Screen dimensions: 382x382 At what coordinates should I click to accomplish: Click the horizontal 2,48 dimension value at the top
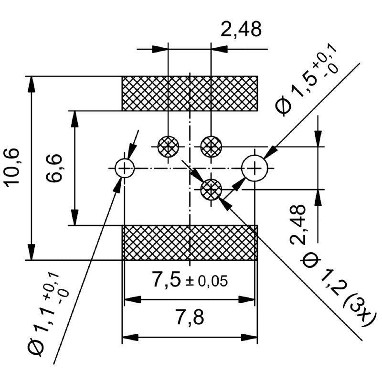[x=241, y=30]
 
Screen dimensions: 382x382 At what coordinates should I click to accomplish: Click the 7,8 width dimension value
[x=190, y=318]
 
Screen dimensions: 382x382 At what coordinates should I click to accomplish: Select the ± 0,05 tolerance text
[x=207, y=281]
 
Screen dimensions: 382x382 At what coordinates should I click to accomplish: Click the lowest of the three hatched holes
[x=211, y=190]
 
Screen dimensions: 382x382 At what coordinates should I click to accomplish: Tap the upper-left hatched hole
[x=169, y=146]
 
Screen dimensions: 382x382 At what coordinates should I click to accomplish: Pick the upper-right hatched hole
[x=211, y=146]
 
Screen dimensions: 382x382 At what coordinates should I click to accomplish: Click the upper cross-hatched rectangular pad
[x=190, y=93]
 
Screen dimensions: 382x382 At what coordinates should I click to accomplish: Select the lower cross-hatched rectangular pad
[x=190, y=243]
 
